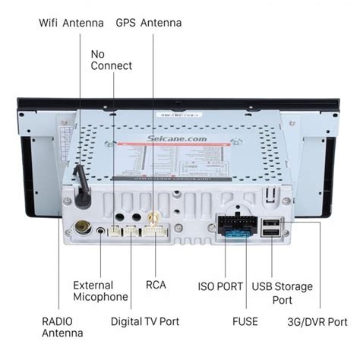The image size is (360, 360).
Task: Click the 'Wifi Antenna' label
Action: tap(71, 23)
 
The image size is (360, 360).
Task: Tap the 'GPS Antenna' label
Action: tap(148, 23)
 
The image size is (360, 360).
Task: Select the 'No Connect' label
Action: tap(111, 60)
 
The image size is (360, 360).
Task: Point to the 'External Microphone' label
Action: tap(100, 291)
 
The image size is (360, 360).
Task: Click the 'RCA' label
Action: tap(156, 286)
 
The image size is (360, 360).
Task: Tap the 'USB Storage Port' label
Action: tap(283, 292)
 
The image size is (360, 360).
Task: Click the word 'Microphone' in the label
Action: tap(100, 297)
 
